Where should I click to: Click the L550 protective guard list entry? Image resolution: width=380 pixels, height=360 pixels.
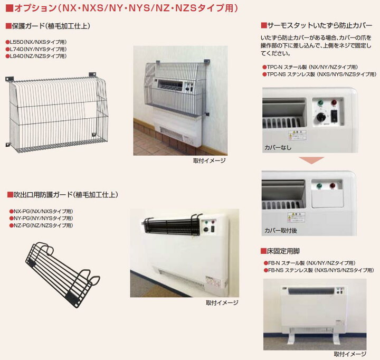36,42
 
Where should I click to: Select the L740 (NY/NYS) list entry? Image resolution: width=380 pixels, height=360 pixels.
36,49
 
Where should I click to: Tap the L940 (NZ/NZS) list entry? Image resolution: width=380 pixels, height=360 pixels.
36,55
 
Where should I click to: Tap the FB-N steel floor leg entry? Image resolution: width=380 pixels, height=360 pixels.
311,263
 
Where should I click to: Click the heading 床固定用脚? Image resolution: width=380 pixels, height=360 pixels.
283,251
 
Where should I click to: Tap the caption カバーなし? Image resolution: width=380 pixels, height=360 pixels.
278,147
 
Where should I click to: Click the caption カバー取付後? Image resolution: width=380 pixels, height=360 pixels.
281,231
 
